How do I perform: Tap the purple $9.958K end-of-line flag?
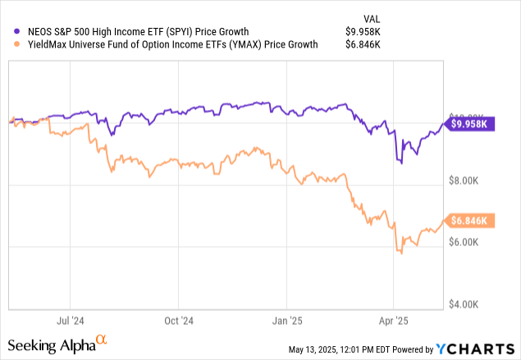468,124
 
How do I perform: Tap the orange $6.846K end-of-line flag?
468,221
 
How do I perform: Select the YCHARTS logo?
480,349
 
